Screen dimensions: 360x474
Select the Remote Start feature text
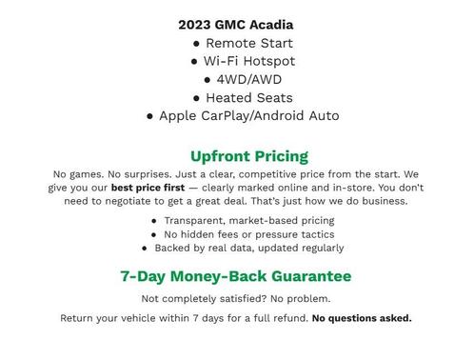(x=248, y=43)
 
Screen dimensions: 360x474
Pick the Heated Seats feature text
(x=248, y=97)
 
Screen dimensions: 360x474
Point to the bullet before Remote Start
(x=196, y=44)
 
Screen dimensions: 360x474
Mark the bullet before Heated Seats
(x=196, y=98)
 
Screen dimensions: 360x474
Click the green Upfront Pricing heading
(x=248, y=156)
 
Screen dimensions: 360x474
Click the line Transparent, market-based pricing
(x=248, y=221)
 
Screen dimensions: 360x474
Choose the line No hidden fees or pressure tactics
(x=248, y=234)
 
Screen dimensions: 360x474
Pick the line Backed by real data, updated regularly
(x=248, y=248)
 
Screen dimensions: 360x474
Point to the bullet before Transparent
(x=154, y=221)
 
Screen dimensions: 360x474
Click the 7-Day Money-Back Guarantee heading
(x=235, y=276)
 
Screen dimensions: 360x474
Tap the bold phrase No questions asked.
(x=362, y=318)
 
